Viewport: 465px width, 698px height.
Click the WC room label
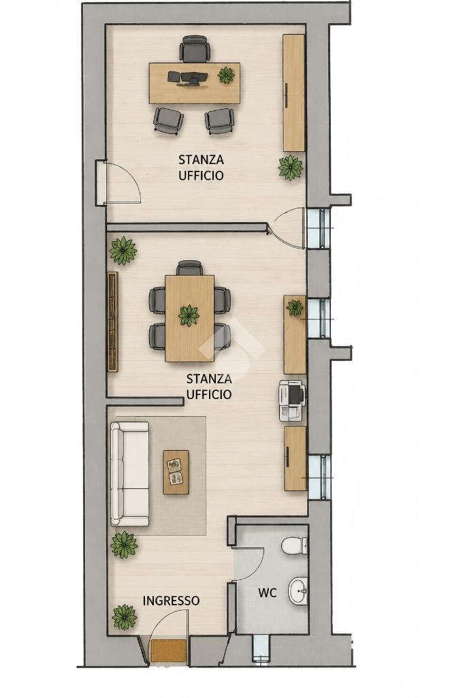(267, 592)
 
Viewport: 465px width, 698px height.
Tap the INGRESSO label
(171, 601)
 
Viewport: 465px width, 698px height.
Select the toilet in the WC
(294, 545)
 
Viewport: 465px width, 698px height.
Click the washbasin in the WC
(298, 591)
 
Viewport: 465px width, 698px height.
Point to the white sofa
(129, 474)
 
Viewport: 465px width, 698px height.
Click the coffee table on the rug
(176, 472)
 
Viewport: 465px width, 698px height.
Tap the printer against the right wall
(292, 400)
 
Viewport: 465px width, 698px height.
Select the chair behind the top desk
(195, 49)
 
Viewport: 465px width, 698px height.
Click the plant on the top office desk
(226, 75)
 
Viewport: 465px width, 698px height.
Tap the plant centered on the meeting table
(189, 315)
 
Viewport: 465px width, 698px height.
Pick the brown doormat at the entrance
(168, 650)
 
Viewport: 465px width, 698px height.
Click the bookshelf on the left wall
(113, 321)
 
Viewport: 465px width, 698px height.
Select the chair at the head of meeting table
(189, 268)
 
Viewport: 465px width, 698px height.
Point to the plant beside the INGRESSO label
(124, 617)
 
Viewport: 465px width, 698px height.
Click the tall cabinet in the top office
(294, 93)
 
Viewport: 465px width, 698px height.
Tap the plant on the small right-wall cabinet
(295, 307)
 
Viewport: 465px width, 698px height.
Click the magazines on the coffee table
(175, 471)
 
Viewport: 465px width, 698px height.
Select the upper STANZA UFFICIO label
(201, 167)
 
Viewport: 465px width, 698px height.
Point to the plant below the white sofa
(124, 544)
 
